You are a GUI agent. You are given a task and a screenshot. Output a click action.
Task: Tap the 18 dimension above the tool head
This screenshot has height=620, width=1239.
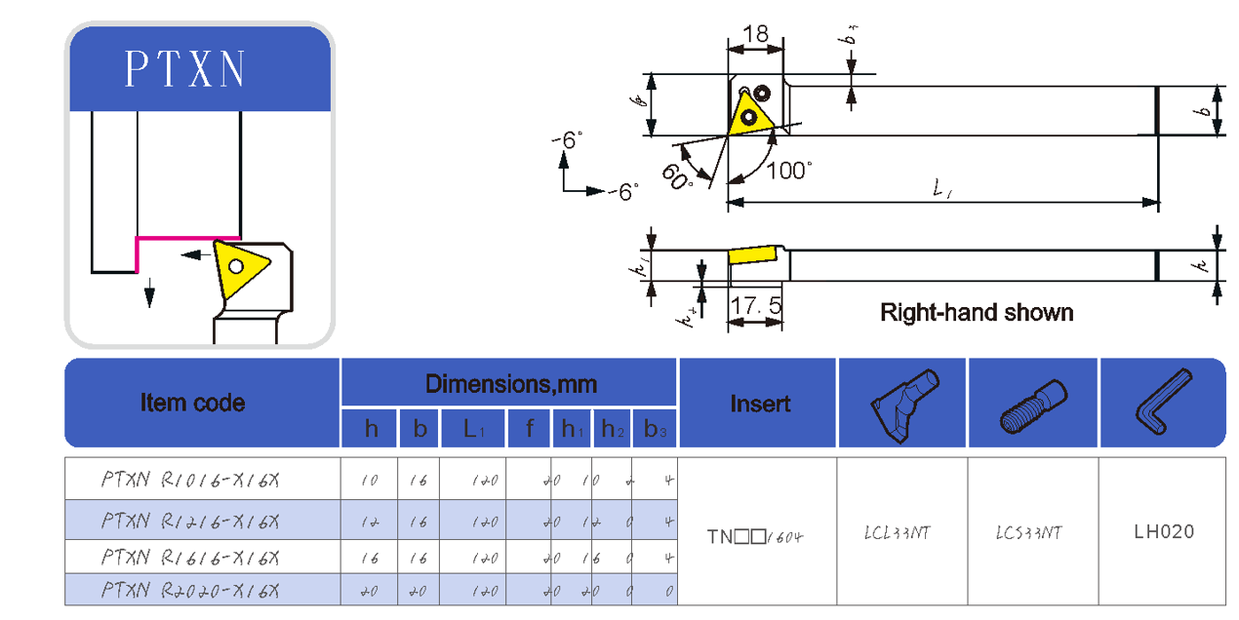click(x=755, y=34)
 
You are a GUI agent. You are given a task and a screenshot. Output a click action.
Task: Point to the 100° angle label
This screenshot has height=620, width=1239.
click(x=788, y=171)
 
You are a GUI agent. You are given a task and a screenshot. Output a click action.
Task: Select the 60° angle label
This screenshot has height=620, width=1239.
click(x=677, y=175)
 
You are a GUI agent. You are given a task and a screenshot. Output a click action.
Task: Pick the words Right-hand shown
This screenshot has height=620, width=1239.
click(x=977, y=313)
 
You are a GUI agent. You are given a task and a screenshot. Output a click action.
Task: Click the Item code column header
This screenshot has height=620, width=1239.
click(x=192, y=403)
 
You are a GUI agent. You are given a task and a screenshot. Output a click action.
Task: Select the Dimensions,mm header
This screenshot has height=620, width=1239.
click(x=510, y=384)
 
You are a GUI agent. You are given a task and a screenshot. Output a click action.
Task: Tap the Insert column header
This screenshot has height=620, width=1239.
click(x=760, y=404)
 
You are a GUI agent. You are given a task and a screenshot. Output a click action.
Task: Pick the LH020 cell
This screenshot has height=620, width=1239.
click(x=1164, y=532)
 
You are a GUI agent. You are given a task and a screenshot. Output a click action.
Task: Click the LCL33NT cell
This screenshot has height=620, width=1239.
click(x=897, y=533)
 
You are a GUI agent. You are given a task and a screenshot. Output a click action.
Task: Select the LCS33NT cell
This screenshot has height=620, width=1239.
click(x=1028, y=533)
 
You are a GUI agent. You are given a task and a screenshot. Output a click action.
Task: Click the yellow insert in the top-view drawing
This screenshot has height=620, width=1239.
click(x=751, y=115)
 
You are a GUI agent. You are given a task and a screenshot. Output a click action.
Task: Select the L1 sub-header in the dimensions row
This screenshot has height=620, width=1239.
click(x=473, y=430)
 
